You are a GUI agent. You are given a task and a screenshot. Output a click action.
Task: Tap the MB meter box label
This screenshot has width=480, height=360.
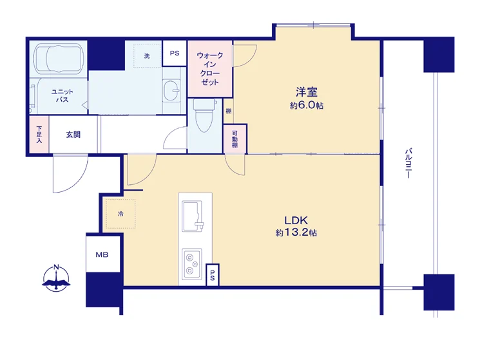(x=102, y=254)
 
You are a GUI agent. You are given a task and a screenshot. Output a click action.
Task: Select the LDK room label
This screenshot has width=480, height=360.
(x=296, y=220)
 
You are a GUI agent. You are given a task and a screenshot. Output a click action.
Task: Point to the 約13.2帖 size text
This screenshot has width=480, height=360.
(x=296, y=232)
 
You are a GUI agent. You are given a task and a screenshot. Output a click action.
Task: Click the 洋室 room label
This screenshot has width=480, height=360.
(x=307, y=92)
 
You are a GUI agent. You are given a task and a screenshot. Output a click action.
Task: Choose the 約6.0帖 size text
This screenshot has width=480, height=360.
(x=307, y=106)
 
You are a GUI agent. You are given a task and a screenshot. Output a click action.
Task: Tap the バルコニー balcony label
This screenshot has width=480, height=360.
(x=408, y=163)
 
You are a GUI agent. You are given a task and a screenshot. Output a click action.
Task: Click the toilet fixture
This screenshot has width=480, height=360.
(x=204, y=115)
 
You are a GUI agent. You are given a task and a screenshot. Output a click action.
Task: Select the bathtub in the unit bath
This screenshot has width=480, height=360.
(x=59, y=57)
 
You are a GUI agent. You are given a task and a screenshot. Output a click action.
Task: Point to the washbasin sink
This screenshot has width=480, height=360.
(x=171, y=91)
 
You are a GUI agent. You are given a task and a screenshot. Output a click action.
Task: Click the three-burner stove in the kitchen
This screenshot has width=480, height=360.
(x=192, y=263)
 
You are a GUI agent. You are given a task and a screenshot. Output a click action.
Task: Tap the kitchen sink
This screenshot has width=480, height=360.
(x=193, y=216)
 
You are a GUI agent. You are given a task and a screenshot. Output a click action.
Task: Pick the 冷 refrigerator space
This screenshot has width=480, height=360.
(x=120, y=214)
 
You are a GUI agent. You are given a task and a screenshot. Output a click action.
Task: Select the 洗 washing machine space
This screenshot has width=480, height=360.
(x=147, y=55)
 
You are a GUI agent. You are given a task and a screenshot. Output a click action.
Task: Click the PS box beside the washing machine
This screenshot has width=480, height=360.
(x=175, y=53)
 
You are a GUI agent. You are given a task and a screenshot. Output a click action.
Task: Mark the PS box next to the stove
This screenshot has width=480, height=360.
(x=213, y=275)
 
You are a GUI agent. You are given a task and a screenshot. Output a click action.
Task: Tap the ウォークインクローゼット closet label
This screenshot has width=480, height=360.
(x=210, y=69)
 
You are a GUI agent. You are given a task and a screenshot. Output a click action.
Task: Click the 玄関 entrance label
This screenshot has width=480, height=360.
(x=73, y=135)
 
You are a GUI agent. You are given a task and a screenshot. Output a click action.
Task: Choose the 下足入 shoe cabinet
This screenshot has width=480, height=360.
(x=39, y=135)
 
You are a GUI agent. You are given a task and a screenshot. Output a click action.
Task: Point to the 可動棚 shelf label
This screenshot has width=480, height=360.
(x=235, y=139)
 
